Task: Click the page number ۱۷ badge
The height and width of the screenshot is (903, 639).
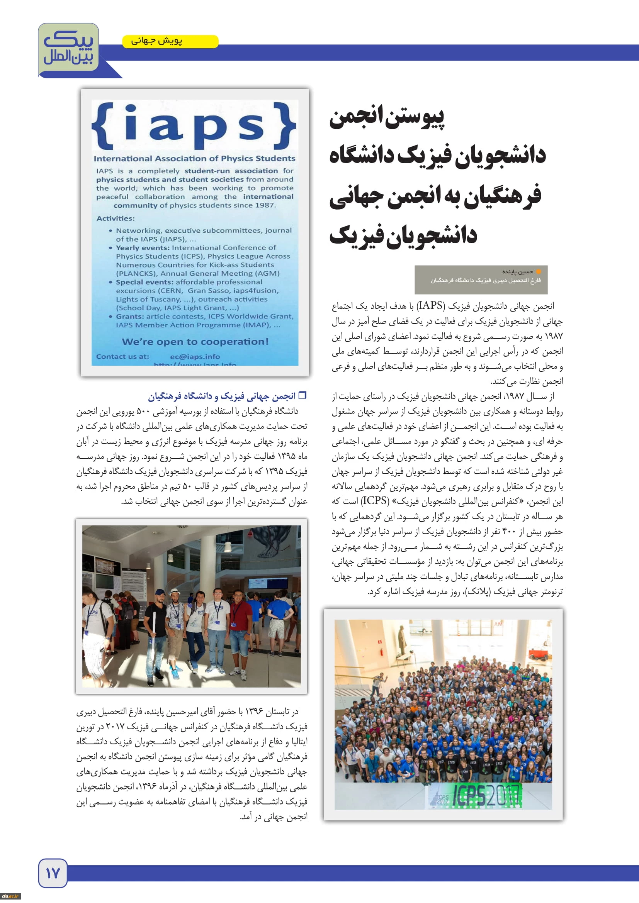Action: click(53, 873)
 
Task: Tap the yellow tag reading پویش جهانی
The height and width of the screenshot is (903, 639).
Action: click(170, 41)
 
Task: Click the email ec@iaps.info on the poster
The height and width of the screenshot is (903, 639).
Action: click(195, 357)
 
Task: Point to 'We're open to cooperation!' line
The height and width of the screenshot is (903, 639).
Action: click(195, 341)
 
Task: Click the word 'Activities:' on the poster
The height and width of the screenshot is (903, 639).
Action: click(116, 218)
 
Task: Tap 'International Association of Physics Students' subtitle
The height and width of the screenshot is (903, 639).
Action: click(194, 159)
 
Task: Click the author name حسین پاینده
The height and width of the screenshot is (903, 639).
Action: click(517, 272)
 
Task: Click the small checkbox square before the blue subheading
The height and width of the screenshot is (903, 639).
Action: click(303, 395)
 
